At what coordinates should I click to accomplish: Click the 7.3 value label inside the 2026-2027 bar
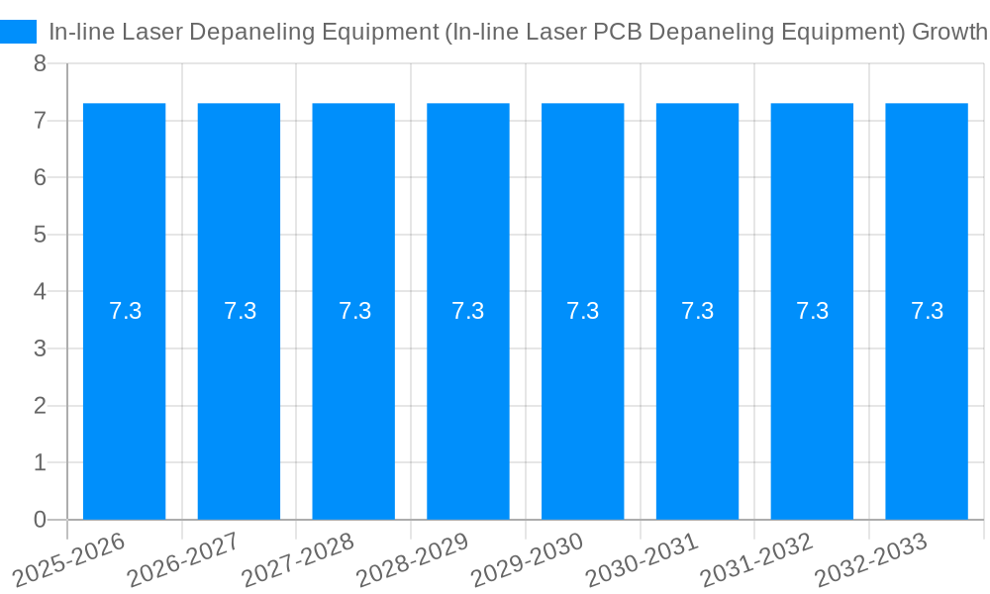(240, 311)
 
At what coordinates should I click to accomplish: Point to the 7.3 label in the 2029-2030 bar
(582, 311)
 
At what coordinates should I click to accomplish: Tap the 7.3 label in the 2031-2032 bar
(812, 311)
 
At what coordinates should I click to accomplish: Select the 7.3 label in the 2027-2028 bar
(354, 311)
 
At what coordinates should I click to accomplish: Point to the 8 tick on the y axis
(40, 63)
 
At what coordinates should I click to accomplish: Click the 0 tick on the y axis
(40, 520)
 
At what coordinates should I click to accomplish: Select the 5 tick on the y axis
(40, 235)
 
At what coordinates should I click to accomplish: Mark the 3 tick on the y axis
(40, 348)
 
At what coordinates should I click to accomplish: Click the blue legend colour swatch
(18, 32)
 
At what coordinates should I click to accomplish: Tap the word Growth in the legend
(948, 32)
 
